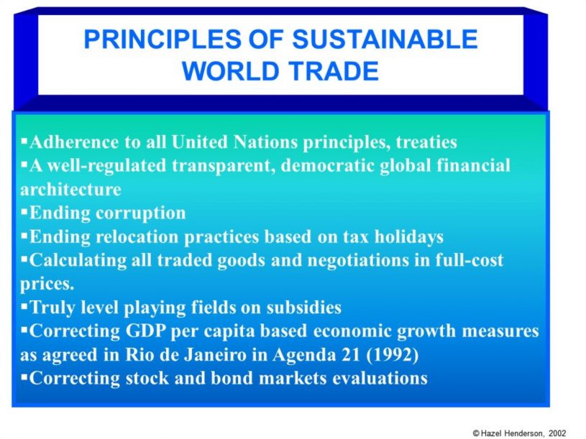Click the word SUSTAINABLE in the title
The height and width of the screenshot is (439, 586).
(385, 40)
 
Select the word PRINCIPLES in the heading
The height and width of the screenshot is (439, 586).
(162, 40)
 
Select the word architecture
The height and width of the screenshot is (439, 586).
(70, 190)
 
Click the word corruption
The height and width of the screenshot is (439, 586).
(140, 213)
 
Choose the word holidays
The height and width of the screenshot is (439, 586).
(409, 236)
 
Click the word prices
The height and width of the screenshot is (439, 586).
(47, 284)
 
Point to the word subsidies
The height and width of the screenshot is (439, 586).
(304, 308)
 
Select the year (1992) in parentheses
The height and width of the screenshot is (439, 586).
(393, 355)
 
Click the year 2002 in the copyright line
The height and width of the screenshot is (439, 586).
(557, 433)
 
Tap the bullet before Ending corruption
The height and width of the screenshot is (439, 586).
(24, 212)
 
